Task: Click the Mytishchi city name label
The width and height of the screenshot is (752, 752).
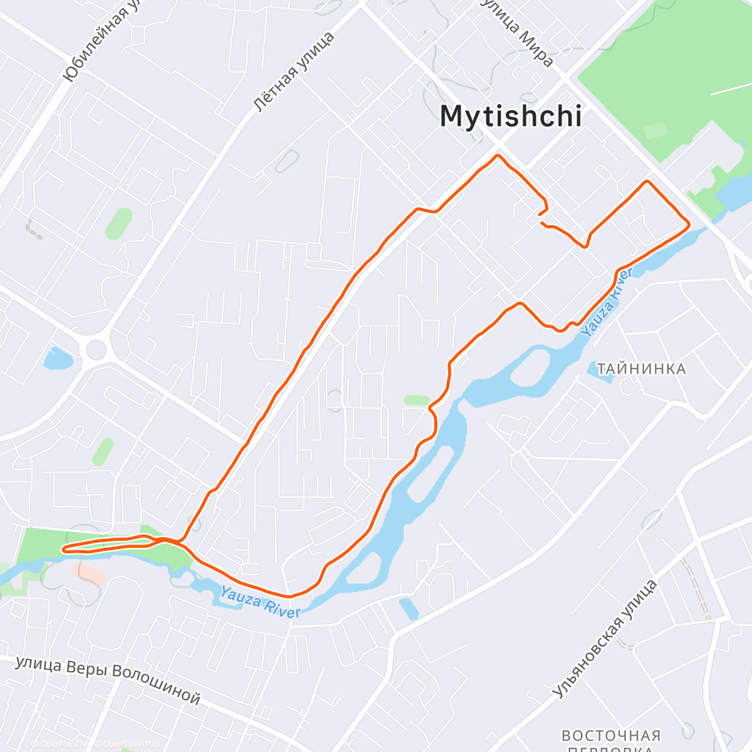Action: click(511, 117)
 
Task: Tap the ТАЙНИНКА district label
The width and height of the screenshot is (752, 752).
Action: click(641, 369)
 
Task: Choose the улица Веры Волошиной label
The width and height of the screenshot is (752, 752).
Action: click(108, 679)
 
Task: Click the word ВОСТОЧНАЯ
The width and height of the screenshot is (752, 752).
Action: click(611, 736)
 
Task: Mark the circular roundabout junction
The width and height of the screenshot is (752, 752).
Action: click(96, 348)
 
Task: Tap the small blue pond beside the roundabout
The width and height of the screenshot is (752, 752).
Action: click(57, 358)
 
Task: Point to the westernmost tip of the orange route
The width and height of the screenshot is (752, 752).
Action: click(63, 550)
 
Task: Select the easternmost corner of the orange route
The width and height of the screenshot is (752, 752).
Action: click(689, 224)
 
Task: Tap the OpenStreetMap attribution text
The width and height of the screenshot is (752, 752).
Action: click(128, 744)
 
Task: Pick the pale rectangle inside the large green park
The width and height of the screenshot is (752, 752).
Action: click(655, 131)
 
